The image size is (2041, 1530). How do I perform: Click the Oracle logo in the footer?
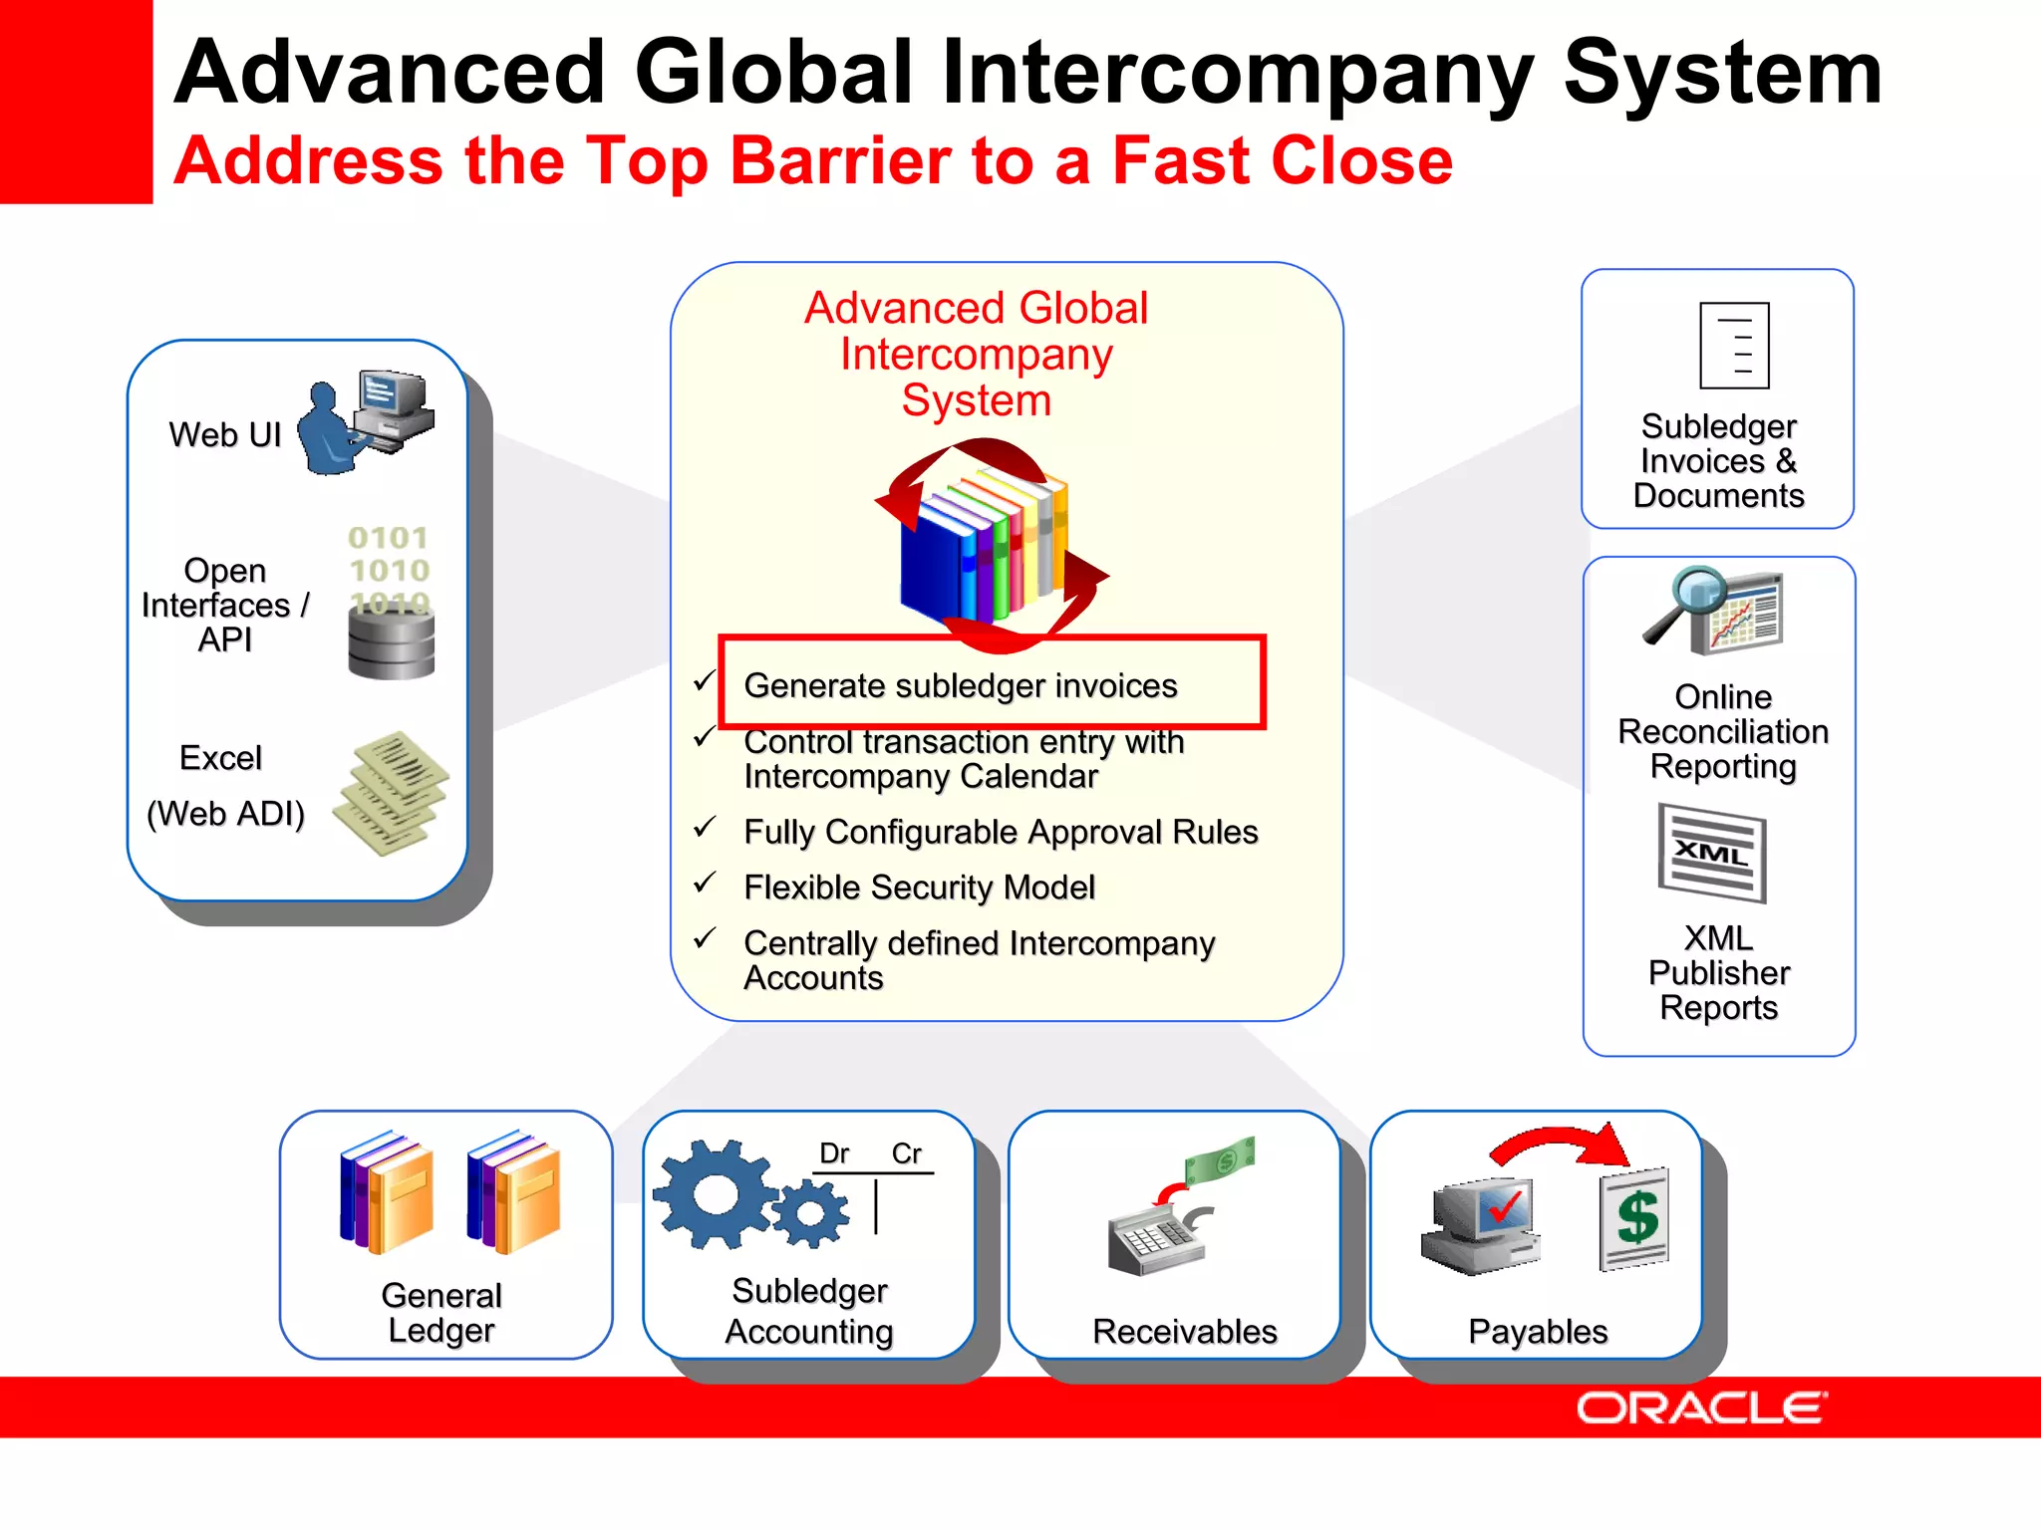click(1701, 1407)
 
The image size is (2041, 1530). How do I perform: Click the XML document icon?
click(1712, 853)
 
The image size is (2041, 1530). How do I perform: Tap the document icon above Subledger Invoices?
click(1734, 346)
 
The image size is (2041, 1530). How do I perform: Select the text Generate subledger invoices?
click(960, 685)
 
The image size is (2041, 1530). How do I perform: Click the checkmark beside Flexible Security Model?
click(705, 883)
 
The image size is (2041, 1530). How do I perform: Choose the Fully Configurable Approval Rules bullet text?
click(1000, 832)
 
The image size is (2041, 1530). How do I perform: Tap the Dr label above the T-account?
click(834, 1153)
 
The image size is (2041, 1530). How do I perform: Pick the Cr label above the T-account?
click(907, 1153)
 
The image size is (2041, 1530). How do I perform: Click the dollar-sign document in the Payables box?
click(1634, 1218)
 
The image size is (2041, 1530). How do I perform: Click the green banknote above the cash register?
click(1220, 1158)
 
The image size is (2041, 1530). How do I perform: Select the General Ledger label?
click(441, 1313)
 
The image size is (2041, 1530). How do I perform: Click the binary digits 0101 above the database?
click(388, 538)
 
